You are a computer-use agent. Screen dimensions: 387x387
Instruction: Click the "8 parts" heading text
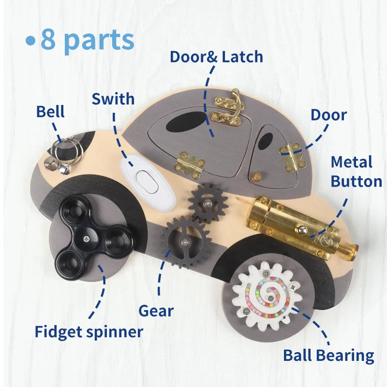[x=87, y=40]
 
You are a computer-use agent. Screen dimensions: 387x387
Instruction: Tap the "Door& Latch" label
[x=216, y=57]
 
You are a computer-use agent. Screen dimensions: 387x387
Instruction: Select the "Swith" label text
[x=113, y=99]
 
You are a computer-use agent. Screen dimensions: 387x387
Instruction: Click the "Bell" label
[x=50, y=112]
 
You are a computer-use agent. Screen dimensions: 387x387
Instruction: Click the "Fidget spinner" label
[x=89, y=332]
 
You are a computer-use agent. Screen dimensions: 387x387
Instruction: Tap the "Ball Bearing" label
[x=328, y=356]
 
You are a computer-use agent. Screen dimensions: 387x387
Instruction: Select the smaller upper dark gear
[x=208, y=202]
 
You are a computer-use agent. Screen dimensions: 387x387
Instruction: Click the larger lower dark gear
[x=185, y=241]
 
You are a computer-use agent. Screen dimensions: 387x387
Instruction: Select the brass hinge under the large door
[x=189, y=164]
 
